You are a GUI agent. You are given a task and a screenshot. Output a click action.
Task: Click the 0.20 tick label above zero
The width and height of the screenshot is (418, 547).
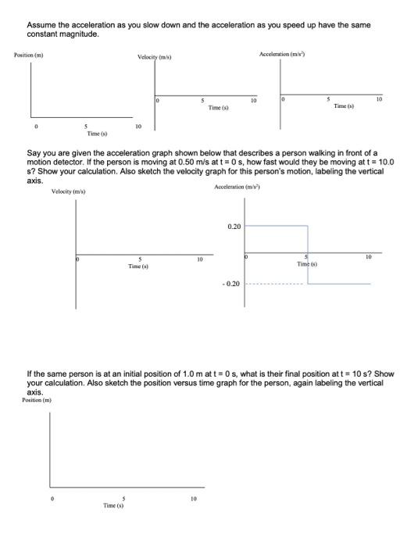(x=234, y=226)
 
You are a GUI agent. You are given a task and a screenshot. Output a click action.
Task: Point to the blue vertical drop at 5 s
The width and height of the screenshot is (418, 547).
(x=308, y=255)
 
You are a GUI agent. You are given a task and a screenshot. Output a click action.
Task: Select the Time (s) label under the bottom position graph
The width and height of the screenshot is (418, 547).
(x=114, y=506)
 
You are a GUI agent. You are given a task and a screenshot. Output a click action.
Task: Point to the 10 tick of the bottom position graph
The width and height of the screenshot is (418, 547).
(x=194, y=498)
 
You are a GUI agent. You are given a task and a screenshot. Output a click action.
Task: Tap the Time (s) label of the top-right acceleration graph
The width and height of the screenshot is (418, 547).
(x=344, y=105)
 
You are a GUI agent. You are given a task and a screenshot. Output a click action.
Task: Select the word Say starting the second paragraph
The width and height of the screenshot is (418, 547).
(x=34, y=153)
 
